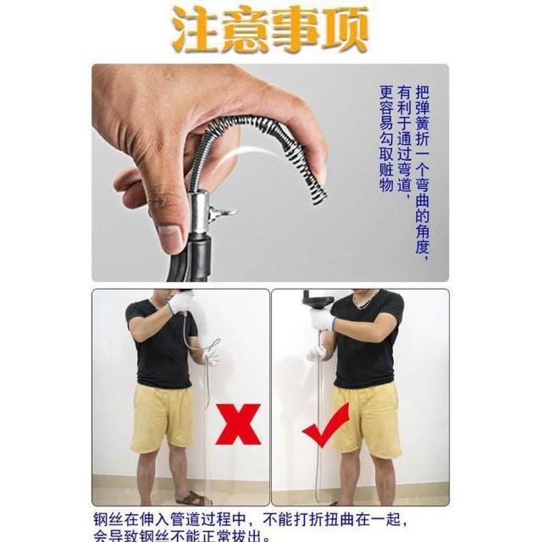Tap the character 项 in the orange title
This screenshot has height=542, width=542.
[x=344, y=30]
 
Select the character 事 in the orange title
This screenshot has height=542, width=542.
[x=295, y=30]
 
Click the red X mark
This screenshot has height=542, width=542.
[x=237, y=423]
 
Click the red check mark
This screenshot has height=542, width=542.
[x=326, y=427]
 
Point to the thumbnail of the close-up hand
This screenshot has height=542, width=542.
[x=270, y=173]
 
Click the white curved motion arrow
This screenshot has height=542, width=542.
[x=250, y=152]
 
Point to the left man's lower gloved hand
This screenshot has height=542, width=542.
[x=211, y=357]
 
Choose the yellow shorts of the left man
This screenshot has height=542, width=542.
[x=162, y=418]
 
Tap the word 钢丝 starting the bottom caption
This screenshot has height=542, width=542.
[x=108, y=519]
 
